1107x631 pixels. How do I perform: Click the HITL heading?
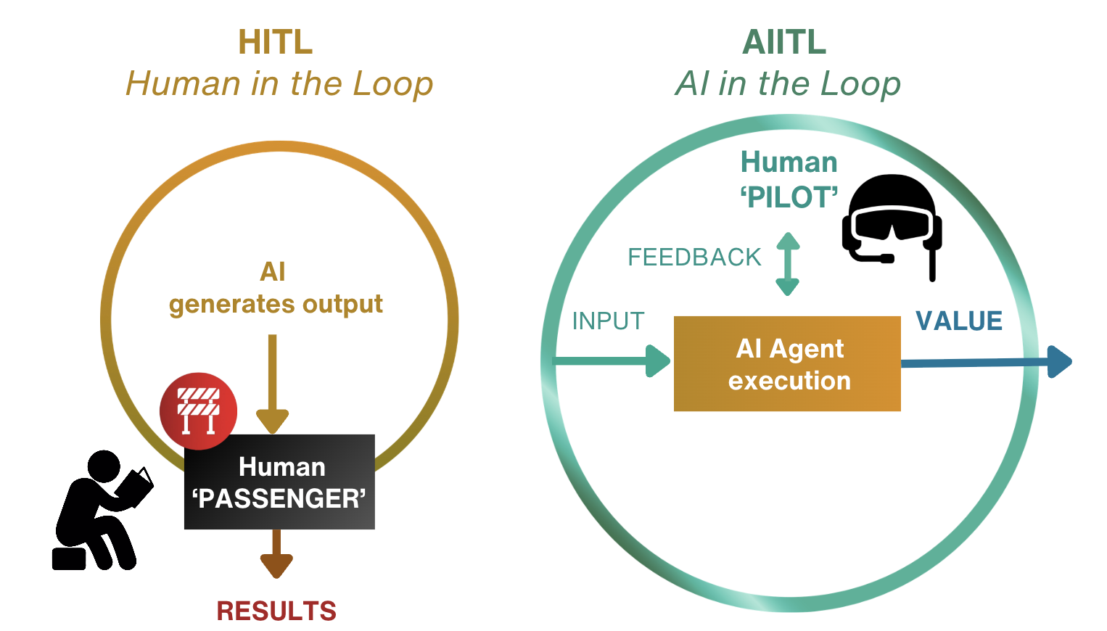276,42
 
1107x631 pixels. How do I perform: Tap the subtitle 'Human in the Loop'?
279,83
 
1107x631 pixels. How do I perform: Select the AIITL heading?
784,42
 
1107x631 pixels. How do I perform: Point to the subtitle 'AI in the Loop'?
788,83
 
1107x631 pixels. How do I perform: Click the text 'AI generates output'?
276,289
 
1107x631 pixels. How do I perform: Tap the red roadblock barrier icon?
198,411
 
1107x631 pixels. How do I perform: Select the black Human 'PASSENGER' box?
279,482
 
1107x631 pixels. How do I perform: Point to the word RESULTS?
276,611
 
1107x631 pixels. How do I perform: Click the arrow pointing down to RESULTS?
276,554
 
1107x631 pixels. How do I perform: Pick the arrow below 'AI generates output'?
273,384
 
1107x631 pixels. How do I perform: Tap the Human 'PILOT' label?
789,179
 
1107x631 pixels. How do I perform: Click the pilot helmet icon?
892,221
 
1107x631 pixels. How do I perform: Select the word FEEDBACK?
694,257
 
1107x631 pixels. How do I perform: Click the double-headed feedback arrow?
788,264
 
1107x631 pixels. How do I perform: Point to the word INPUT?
608,321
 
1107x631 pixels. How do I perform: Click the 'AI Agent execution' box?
787,364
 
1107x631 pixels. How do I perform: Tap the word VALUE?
959,321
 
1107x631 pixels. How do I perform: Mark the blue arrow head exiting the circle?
1060,362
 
